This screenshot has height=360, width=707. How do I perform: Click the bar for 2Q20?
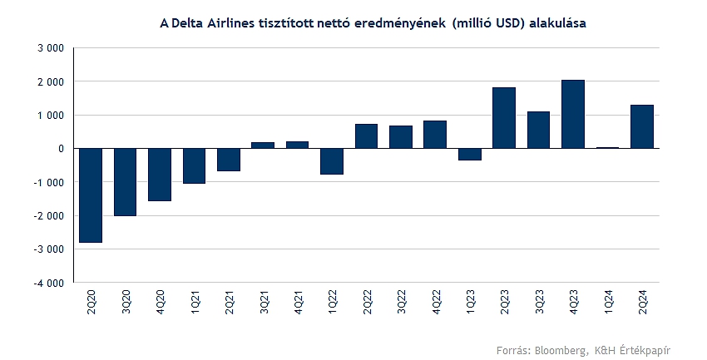point(91,195)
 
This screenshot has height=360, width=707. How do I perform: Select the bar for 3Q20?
point(125,182)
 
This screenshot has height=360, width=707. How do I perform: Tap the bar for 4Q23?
point(573,114)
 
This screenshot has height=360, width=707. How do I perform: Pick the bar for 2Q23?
point(504,118)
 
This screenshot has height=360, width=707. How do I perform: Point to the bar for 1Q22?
point(332,161)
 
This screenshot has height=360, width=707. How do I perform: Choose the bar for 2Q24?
point(642,126)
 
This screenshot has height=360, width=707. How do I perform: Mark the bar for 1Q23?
point(470,154)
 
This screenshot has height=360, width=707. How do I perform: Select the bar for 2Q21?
point(229,160)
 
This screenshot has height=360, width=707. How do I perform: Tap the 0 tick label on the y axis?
point(62,149)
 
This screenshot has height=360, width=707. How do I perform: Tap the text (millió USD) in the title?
point(491,24)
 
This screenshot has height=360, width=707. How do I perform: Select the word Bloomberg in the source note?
point(556,349)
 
